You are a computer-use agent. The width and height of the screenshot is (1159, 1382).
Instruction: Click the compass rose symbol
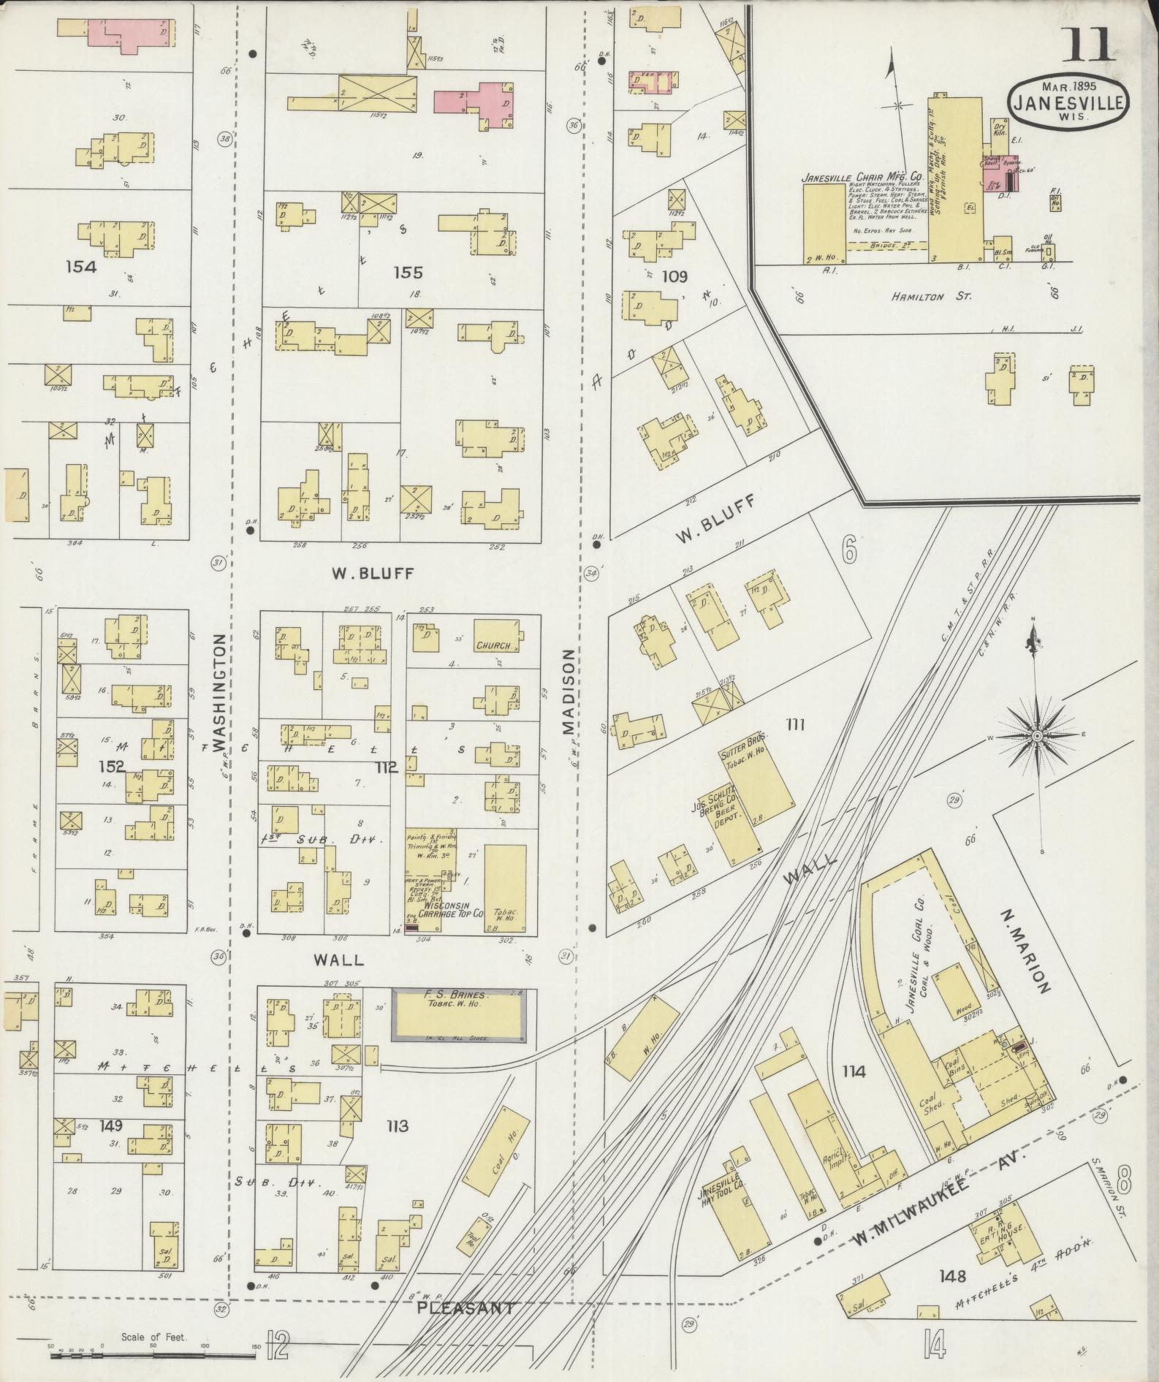point(1036,735)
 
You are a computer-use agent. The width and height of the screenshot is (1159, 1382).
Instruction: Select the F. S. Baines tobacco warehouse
point(461,1014)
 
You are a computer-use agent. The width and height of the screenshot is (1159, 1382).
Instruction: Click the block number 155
point(407,273)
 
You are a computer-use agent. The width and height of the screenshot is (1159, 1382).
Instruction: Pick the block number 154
point(80,267)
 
